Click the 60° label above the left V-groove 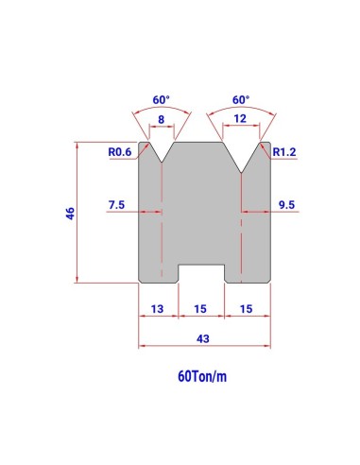[x=161, y=100]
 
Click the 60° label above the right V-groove [x=241, y=100]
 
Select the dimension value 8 [x=161, y=120]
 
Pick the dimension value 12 [x=240, y=119]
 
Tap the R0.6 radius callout [x=120, y=152]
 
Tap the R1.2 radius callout [x=284, y=152]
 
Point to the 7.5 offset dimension [x=116, y=205]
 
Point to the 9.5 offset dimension [x=286, y=205]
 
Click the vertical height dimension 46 [x=70, y=214]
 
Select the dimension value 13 [x=157, y=309]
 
